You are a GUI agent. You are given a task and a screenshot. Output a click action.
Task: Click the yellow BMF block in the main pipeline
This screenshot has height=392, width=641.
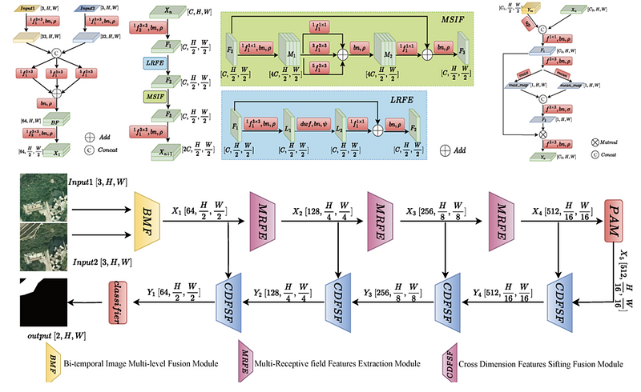[150, 213]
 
